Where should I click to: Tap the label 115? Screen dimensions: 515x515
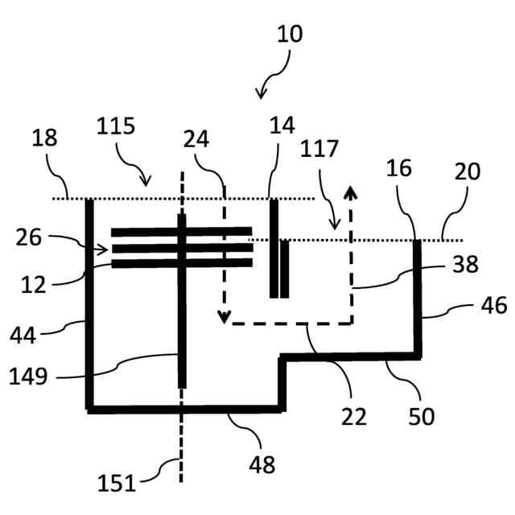point(116,126)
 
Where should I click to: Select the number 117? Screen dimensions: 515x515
point(320,149)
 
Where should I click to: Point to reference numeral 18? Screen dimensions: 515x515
point(44,138)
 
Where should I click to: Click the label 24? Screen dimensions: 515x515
point(196,138)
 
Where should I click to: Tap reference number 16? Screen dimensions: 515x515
point(399,168)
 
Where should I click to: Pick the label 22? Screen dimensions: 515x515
point(353,416)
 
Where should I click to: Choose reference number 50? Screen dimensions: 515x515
point(421,416)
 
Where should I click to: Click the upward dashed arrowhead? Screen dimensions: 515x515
point(351,191)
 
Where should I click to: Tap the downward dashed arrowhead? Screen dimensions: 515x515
point(225,316)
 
